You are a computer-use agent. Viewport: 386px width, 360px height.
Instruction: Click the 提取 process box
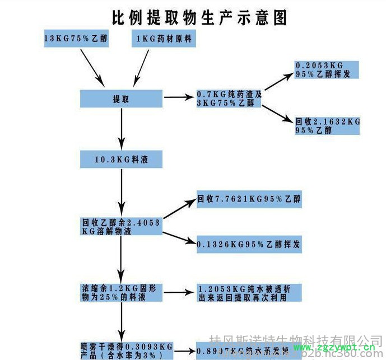coord(121,99)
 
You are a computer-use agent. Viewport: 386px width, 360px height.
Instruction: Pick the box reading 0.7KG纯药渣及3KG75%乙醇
coord(229,99)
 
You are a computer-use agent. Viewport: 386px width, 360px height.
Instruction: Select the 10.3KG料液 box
coord(121,160)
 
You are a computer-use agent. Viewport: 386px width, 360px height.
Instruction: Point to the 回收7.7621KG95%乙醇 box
coord(249,199)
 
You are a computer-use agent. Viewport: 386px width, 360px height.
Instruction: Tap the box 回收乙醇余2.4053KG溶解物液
coord(121,226)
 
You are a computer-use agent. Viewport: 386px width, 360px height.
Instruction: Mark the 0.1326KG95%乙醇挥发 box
coord(249,245)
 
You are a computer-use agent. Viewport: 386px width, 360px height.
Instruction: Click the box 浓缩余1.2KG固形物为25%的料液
coord(121,293)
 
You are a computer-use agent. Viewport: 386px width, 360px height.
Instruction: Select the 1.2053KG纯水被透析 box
coord(249,293)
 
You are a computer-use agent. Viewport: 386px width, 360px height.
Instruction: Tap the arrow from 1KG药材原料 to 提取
coord(141,66)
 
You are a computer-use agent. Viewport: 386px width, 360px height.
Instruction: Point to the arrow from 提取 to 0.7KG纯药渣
coord(179,98)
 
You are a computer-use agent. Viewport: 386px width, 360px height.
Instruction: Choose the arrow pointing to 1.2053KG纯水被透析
coord(179,293)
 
